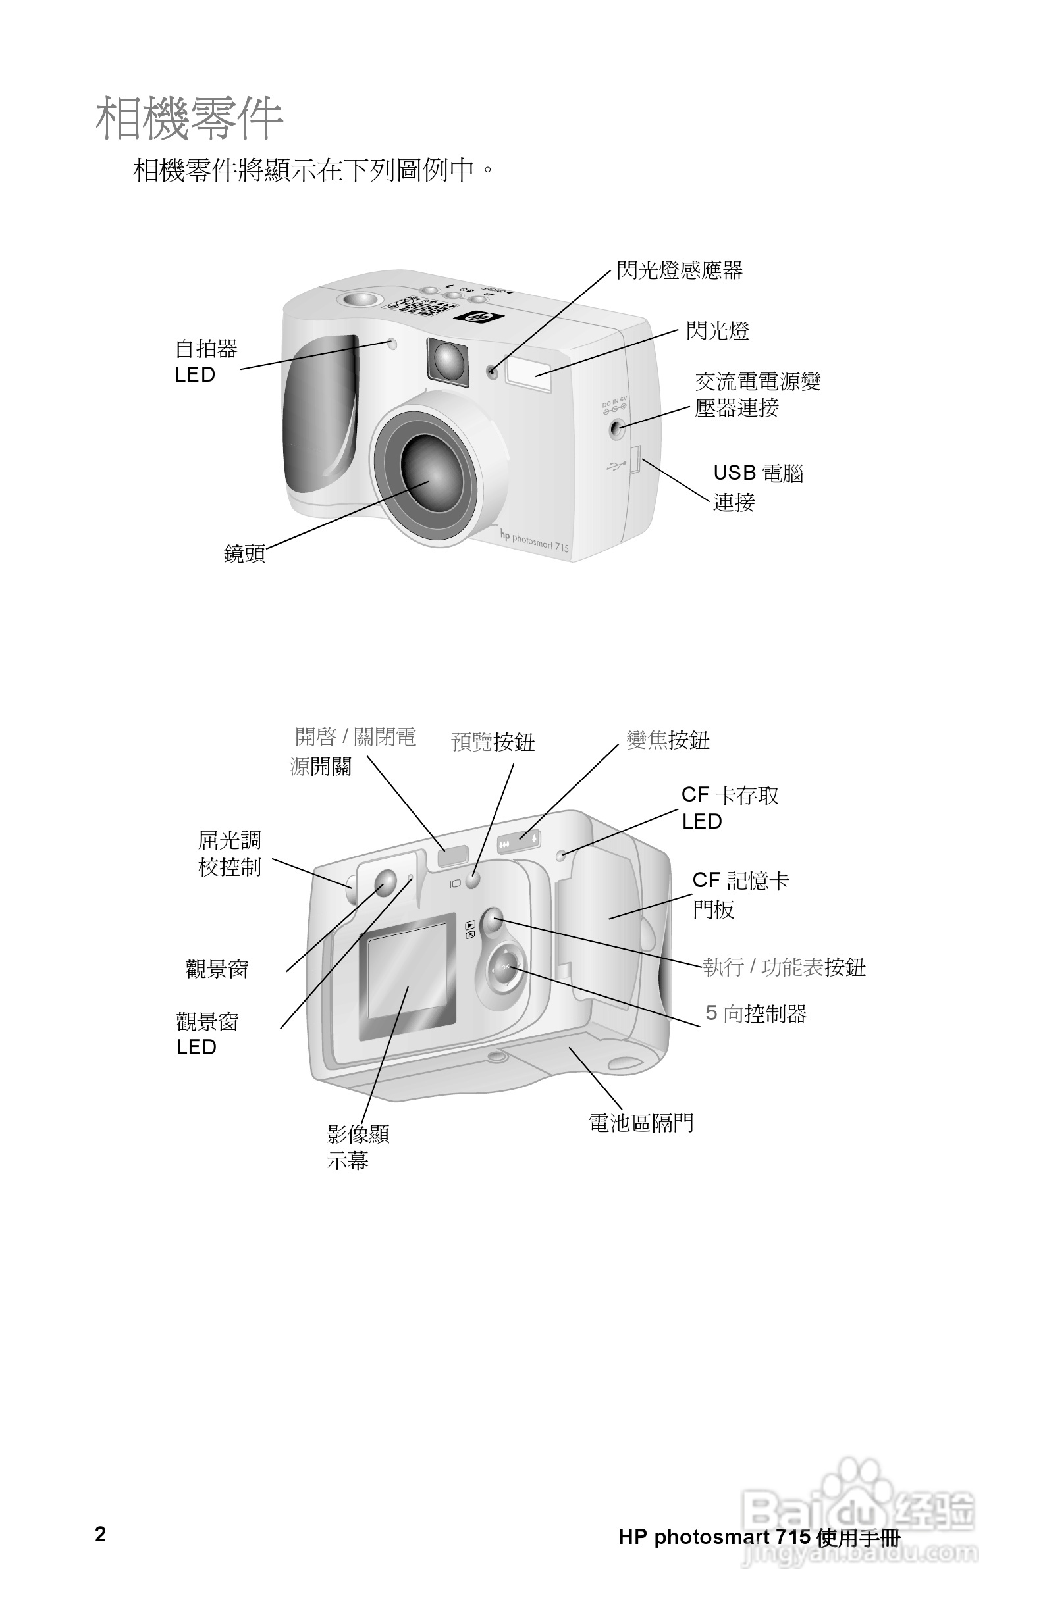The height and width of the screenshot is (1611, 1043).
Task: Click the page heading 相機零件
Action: tap(189, 119)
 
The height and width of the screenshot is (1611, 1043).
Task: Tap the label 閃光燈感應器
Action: tap(679, 270)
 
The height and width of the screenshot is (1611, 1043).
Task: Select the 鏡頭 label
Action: tap(244, 553)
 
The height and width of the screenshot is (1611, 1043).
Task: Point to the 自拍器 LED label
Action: tap(206, 361)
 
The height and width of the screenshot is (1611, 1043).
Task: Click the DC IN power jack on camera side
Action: tap(616, 428)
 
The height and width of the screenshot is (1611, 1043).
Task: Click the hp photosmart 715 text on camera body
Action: tap(535, 541)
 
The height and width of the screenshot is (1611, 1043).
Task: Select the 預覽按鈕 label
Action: tap(493, 742)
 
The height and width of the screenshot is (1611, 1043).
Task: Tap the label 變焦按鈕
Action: tap(667, 740)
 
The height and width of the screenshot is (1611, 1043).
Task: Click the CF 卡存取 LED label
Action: tap(730, 807)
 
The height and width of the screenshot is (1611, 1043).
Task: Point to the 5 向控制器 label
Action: tap(755, 1013)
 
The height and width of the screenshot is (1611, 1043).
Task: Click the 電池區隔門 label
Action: tap(641, 1123)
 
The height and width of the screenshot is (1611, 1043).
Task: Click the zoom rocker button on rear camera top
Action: tap(519, 842)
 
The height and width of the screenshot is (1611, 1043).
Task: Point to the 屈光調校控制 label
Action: tap(229, 854)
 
